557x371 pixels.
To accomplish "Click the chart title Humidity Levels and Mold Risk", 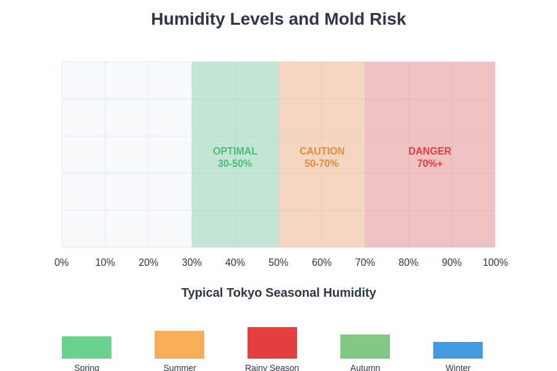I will [x=278, y=19].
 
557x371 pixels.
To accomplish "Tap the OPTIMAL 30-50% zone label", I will [x=235, y=157].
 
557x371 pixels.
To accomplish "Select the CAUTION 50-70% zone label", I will [x=322, y=157].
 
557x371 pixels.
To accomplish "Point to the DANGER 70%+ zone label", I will [x=430, y=157].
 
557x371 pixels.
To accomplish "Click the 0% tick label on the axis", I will [x=62, y=262].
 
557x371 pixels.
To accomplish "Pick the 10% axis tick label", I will [x=105, y=262].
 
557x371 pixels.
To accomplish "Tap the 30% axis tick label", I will [x=192, y=262].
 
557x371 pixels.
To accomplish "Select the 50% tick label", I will [x=278, y=262].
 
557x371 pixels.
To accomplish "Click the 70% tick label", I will [x=365, y=262].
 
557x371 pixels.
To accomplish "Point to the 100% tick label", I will [x=495, y=262].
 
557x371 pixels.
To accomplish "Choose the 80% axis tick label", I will [x=408, y=262].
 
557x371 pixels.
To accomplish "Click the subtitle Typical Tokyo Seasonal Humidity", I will [x=278, y=292].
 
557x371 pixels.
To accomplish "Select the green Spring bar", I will [x=87, y=348].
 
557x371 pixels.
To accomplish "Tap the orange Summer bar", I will [x=179, y=344].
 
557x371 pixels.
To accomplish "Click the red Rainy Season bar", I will [x=272, y=343].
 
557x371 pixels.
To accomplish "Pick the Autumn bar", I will [x=365, y=346].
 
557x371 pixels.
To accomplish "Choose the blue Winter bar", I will [x=458, y=350].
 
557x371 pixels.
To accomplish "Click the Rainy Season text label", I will [x=272, y=367].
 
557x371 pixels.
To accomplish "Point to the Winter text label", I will [x=458, y=367].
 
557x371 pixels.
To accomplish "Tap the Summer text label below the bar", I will [x=179, y=367].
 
